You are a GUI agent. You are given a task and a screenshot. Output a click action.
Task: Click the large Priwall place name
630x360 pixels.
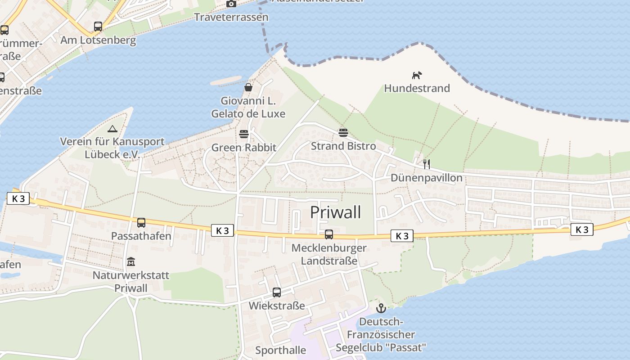(x=336, y=212)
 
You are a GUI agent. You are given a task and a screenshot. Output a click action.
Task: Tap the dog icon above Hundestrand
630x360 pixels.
(x=417, y=75)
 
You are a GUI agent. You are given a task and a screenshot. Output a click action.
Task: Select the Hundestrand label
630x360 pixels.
(x=417, y=88)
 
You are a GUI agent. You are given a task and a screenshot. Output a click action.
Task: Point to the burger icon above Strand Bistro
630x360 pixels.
(x=343, y=133)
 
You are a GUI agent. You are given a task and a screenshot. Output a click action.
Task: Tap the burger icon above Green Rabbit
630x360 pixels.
(x=244, y=134)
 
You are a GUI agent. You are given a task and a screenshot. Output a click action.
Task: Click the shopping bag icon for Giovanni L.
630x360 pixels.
(x=248, y=87)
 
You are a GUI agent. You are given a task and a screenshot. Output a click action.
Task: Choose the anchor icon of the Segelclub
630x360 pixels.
(x=381, y=308)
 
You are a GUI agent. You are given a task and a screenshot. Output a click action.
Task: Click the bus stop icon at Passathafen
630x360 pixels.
(x=141, y=222)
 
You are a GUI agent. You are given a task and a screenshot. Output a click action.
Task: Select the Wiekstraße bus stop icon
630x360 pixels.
(x=277, y=292)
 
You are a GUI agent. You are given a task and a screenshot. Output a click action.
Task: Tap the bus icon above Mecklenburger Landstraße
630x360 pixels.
(x=329, y=234)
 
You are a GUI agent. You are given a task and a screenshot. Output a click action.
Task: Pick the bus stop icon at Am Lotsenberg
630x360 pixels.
(x=98, y=27)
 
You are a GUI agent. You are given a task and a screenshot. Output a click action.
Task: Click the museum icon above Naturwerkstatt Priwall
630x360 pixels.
(x=131, y=261)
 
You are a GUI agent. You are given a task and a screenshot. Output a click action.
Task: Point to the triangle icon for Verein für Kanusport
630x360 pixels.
(x=112, y=129)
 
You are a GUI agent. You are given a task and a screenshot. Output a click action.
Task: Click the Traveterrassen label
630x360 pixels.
(x=231, y=17)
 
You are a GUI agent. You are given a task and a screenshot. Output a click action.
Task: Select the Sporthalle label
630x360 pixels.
(x=280, y=350)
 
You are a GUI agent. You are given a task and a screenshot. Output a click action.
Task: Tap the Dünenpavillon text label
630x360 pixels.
(x=426, y=178)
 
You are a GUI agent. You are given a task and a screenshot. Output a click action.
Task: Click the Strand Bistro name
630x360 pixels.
(x=343, y=146)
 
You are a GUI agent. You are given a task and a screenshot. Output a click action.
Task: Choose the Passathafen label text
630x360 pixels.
(x=141, y=236)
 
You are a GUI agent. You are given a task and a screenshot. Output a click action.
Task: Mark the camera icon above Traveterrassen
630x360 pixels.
(x=231, y=4)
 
